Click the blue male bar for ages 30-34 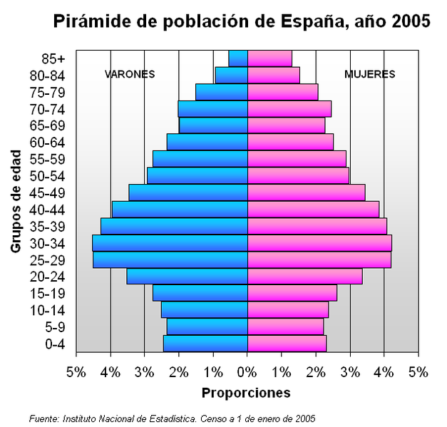coord(170,243)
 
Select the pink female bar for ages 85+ coord(269,58)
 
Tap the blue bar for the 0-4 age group coord(205,344)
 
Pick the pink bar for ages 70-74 coord(289,108)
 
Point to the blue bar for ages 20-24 coord(187,277)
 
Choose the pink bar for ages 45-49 coord(306,192)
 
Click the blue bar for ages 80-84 coord(231,75)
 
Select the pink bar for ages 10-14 coord(287,310)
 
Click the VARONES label coord(130,74)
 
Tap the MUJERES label coord(369,74)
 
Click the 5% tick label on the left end coord(76,372)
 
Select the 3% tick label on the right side coord(349,372)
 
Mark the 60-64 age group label coord(48,142)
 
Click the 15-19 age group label coord(48,293)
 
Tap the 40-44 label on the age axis coord(48,210)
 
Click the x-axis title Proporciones coord(246,393)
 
